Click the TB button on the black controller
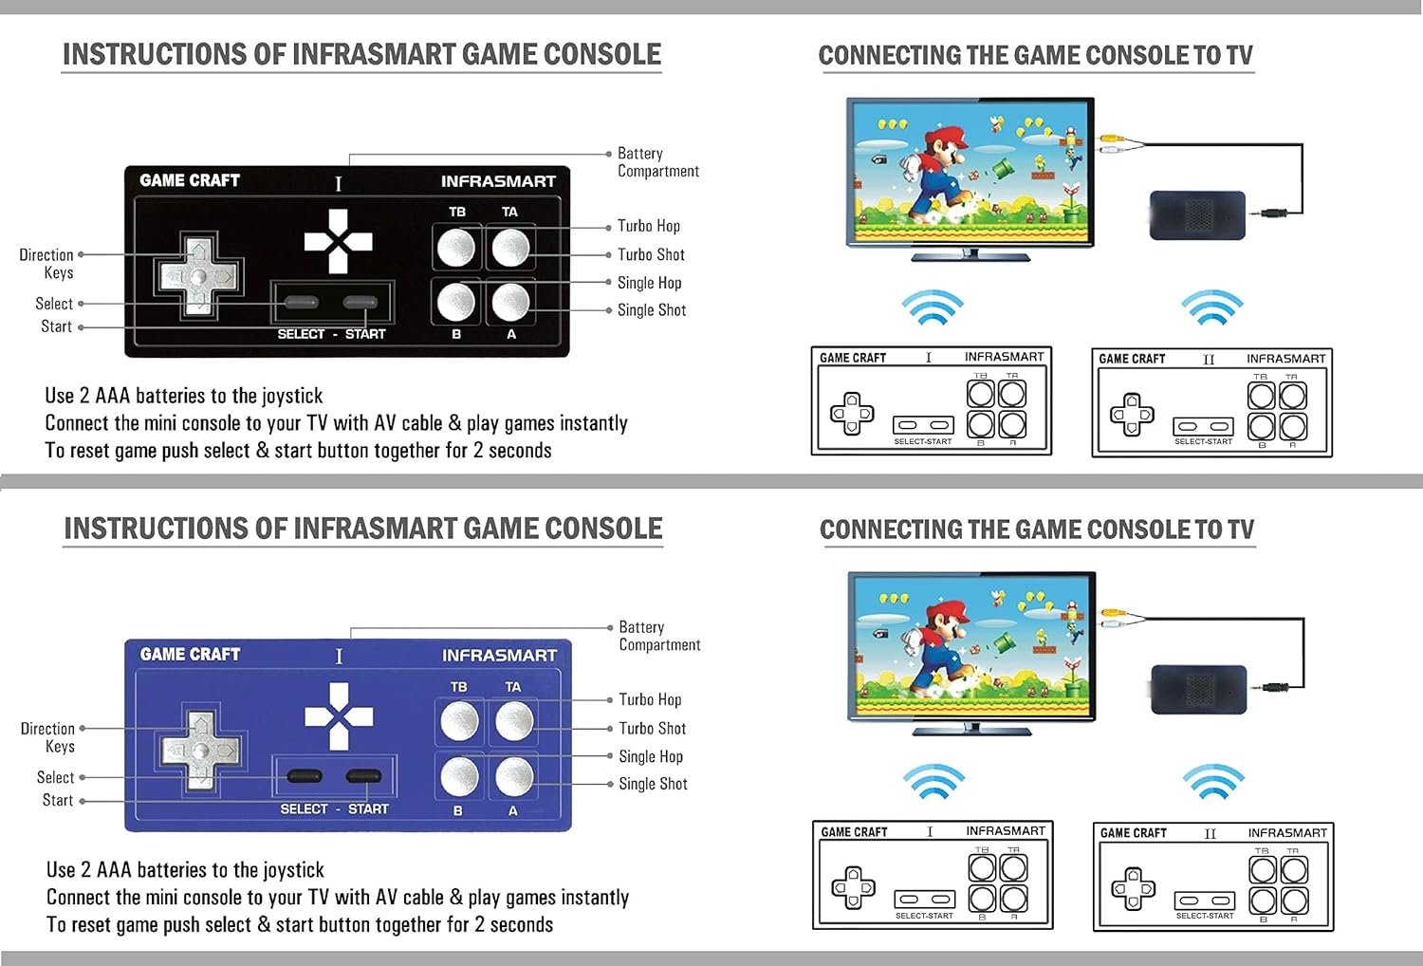[x=456, y=248]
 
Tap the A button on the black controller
[x=510, y=302]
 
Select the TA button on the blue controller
[x=514, y=720]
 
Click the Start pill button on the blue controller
[x=364, y=776]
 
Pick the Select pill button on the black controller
[x=301, y=302]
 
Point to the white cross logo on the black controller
[x=338, y=241]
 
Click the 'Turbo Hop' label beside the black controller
[x=649, y=226]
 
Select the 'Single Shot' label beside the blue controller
[x=653, y=784]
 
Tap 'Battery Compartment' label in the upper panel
[x=658, y=162]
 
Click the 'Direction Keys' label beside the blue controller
[x=47, y=737]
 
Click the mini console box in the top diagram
[x=1197, y=215]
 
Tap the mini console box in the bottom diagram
[x=1199, y=690]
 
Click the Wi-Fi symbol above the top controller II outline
[x=1212, y=307]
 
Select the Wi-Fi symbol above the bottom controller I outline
[x=933, y=782]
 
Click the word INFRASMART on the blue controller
[x=499, y=655]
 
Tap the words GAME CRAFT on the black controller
[x=190, y=180]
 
